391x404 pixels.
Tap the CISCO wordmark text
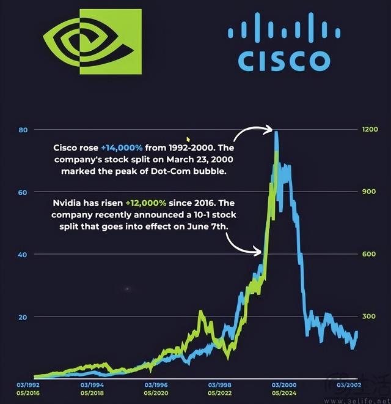click(x=283, y=60)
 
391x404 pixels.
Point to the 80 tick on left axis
click(x=24, y=130)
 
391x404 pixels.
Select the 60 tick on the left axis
click(x=24, y=192)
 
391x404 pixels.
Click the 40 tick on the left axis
click(x=24, y=254)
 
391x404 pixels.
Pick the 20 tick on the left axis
click(x=24, y=317)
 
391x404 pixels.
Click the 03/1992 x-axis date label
click(x=29, y=385)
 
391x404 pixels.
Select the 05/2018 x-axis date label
click(x=92, y=393)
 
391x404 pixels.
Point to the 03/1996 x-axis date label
click(x=156, y=385)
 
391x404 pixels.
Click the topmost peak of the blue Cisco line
click(x=277, y=132)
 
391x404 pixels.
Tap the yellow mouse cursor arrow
click(x=189, y=140)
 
